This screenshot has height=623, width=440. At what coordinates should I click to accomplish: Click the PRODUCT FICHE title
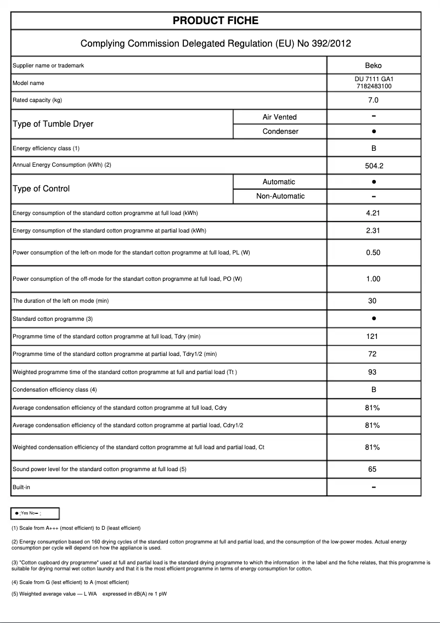(216, 21)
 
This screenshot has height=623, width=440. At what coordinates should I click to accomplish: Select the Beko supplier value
(373, 66)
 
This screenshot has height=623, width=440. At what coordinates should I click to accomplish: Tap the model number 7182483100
(373, 87)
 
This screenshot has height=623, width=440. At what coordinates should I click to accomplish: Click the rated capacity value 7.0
(373, 100)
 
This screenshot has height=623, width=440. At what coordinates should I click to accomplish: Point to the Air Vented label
(279, 117)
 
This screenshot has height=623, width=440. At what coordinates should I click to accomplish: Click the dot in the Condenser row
(373, 132)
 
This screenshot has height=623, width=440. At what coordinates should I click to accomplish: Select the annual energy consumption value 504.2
(373, 166)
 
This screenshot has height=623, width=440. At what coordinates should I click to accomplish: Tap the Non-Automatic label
(280, 196)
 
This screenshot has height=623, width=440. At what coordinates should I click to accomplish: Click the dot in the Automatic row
(373, 182)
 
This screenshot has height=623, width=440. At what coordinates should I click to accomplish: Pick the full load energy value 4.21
(373, 213)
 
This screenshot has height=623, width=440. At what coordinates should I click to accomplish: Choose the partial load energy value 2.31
(373, 231)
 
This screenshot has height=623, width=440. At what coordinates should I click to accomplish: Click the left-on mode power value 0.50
(373, 253)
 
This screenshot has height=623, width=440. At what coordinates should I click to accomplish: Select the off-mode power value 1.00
(373, 279)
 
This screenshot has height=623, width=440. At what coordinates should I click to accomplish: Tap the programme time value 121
(373, 337)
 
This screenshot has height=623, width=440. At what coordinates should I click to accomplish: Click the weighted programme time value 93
(373, 372)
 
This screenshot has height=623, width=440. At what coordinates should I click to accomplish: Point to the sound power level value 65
(373, 469)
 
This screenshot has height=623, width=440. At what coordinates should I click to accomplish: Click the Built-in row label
(21, 487)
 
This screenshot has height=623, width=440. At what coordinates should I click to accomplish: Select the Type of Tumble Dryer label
(53, 124)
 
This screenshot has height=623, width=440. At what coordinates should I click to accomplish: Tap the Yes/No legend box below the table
(35, 513)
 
